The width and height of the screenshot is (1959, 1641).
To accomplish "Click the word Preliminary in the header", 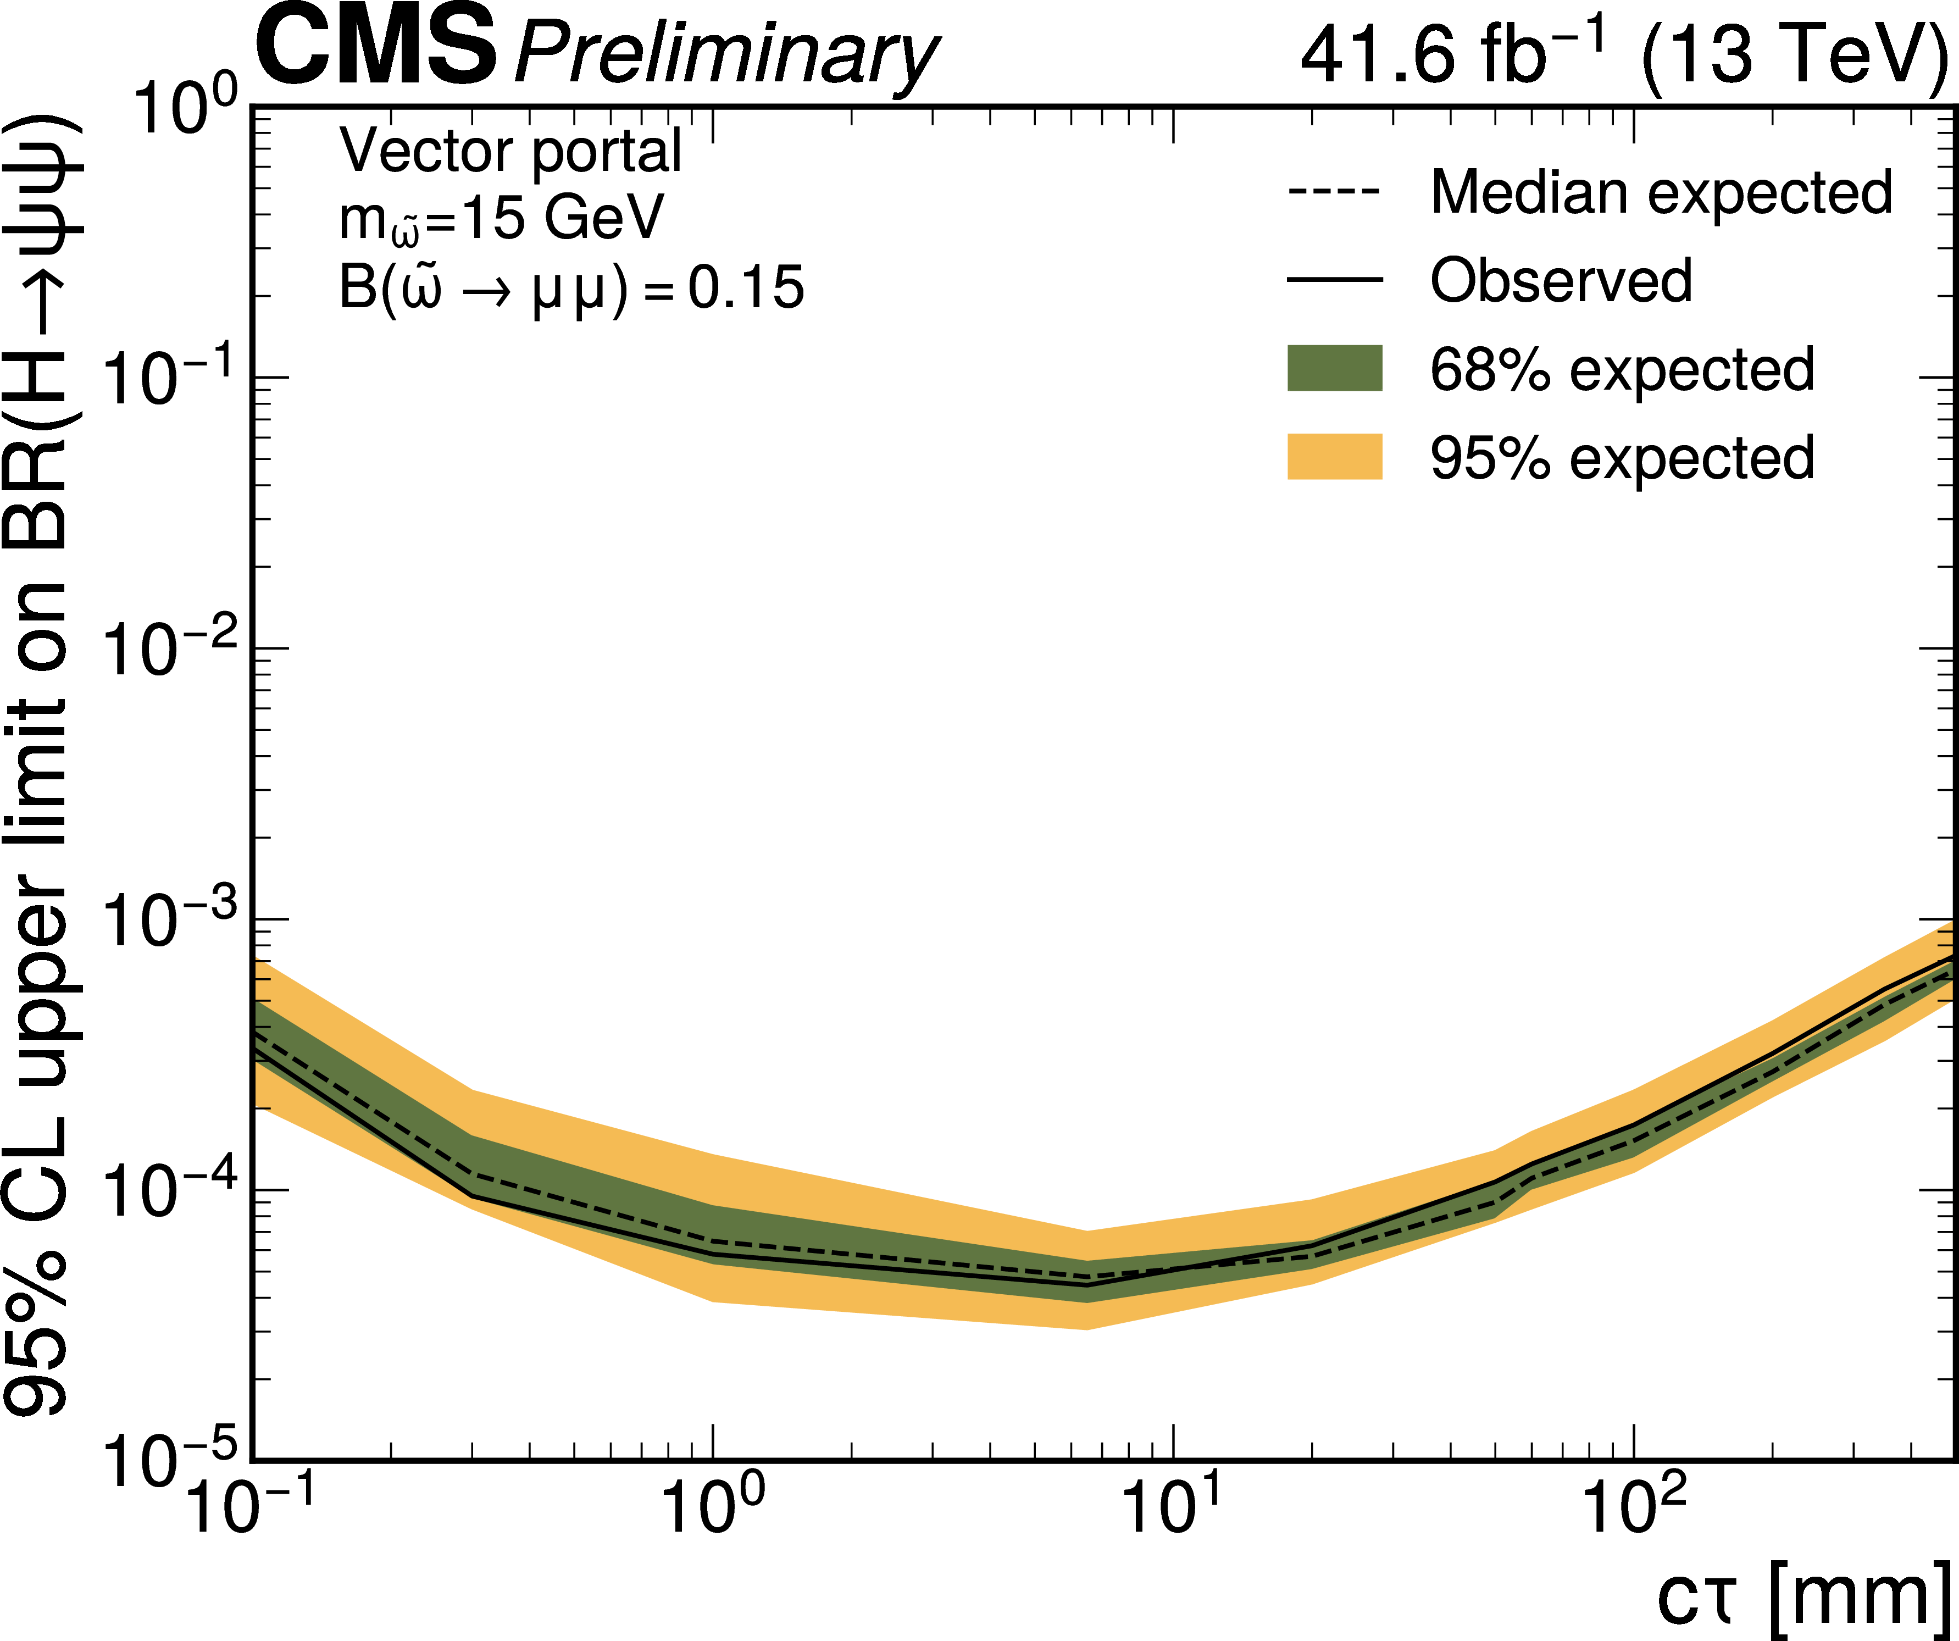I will click(726, 54).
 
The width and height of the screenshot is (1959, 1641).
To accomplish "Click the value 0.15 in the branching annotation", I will click(746, 287).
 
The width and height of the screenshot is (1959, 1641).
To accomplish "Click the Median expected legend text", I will click(1661, 192).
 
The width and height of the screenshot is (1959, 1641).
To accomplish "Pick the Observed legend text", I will click(1561, 280).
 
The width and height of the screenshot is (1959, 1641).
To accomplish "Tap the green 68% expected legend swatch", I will click(1334, 368).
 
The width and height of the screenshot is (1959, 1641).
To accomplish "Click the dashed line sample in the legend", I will click(1334, 193).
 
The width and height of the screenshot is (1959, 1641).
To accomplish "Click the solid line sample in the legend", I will click(1334, 280).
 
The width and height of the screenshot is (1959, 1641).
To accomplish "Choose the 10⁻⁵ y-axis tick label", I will click(168, 1457).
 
